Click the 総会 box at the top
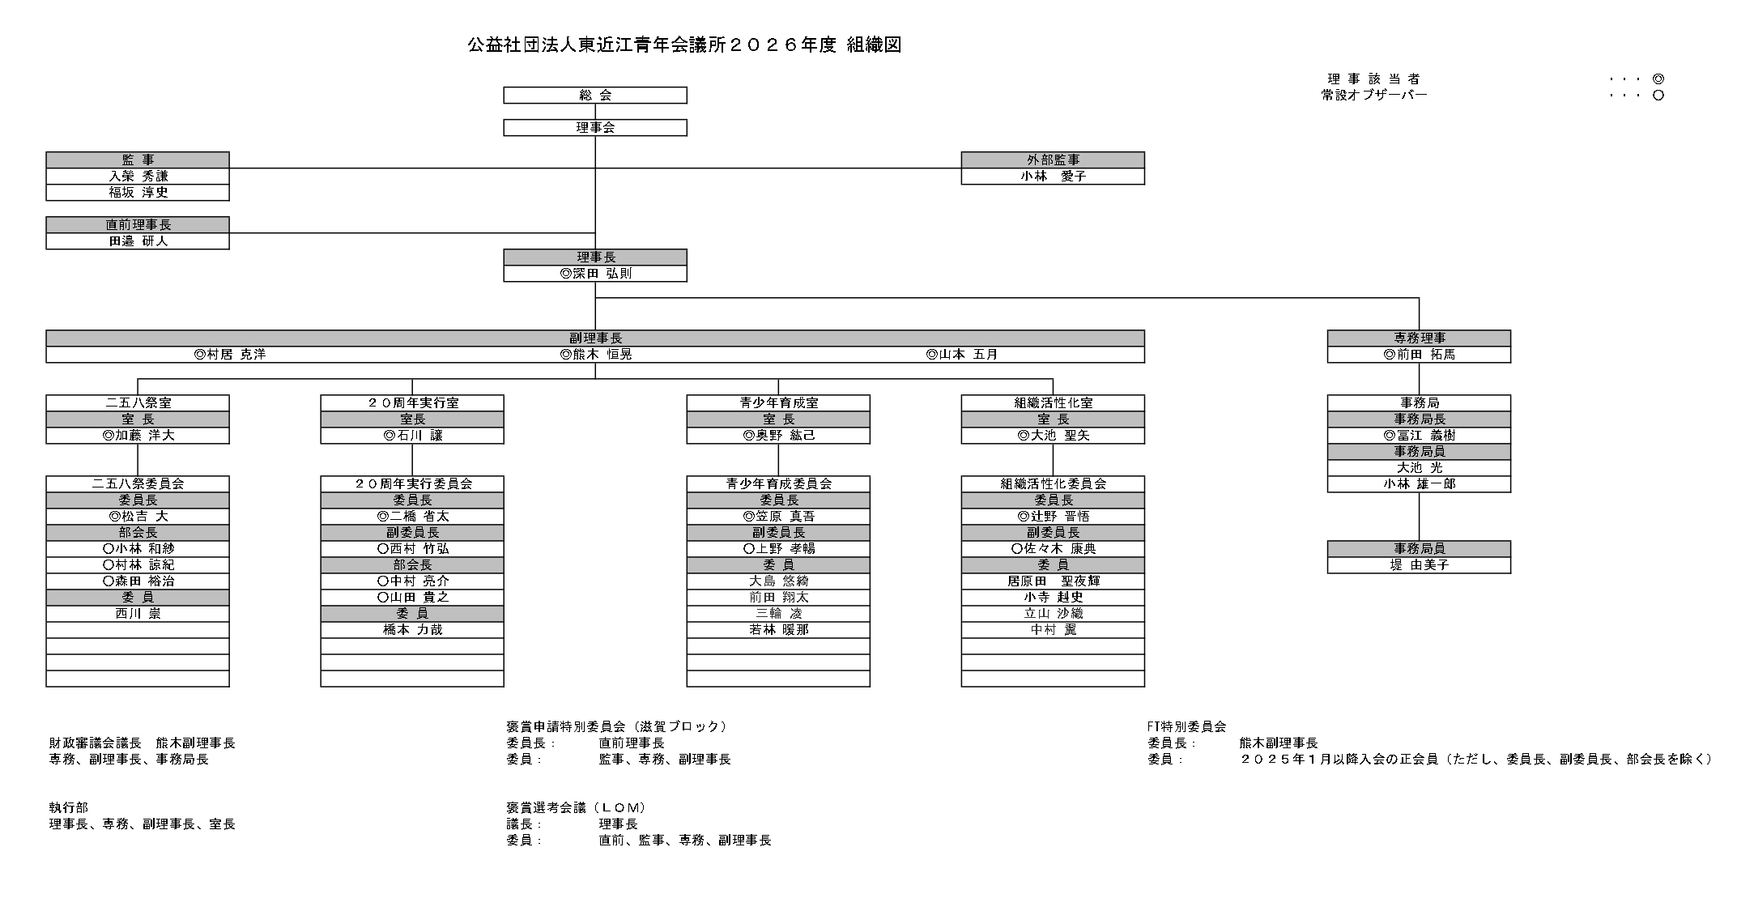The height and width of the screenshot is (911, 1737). (x=595, y=96)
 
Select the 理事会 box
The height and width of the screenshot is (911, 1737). (x=595, y=128)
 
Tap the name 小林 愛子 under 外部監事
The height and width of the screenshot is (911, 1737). (x=1053, y=177)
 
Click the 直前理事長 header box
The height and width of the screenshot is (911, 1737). (x=138, y=225)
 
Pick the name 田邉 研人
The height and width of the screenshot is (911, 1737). (x=138, y=241)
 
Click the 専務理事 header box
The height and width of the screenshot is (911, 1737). (x=1419, y=338)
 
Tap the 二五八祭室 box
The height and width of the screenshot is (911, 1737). (x=138, y=403)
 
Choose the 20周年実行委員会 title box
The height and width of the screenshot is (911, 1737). (x=412, y=484)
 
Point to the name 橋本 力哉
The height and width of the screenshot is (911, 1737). (x=412, y=630)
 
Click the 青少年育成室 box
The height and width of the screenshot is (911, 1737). (x=778, y=403)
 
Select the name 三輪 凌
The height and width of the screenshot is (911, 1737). (x=778, y=614)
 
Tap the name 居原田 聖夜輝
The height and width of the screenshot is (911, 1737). (x=1053, y=581)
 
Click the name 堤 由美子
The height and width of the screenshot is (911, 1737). (x=1419, y=565)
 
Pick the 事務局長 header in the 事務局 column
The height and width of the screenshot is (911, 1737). (x=1419, y=419)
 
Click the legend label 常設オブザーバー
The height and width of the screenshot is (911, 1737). (x=1374, y=96)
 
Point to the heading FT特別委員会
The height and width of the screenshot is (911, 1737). (x=1186, y=727)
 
